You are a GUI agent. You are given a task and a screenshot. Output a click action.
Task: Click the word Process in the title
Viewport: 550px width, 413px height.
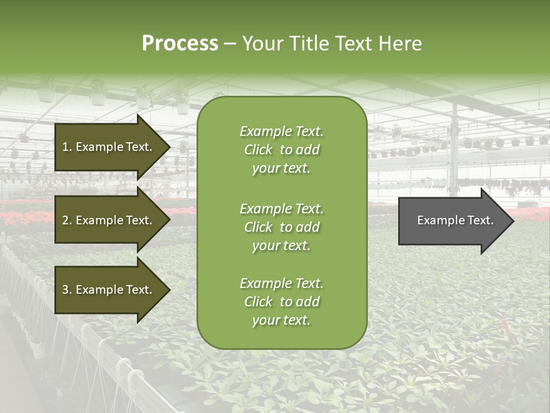(x=180, y=44)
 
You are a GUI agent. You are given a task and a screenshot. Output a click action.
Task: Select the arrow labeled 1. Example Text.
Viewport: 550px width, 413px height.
(x=109, y=147)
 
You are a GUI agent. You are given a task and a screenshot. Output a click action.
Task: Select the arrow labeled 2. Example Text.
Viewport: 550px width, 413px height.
(x=109, y=220)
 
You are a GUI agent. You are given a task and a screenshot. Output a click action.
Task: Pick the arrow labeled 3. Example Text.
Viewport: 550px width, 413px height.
(x=109, y=290)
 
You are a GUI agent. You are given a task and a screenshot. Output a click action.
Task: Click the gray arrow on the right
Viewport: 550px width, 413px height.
(x=453, y=221)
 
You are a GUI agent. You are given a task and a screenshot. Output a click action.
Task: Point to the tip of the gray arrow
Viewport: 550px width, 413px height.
(x=513, y=221)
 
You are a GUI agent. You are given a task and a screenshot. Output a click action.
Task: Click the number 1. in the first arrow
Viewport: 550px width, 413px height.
(x=66, y=147)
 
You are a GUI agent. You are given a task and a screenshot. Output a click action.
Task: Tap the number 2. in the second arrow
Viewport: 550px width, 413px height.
(x=66, y=220)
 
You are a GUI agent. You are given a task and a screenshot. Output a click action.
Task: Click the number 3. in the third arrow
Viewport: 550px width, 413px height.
(x=66, y=290)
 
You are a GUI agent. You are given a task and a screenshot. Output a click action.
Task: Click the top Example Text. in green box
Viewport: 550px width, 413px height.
(x=281, y=131)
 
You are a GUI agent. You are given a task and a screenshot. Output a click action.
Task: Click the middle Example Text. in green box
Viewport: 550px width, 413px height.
(x=281, y=209)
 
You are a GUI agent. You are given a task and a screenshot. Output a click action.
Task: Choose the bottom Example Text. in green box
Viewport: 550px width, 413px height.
(x=281, y=283)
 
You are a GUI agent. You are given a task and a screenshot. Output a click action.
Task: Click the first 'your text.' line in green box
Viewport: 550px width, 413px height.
(x=281, y=169)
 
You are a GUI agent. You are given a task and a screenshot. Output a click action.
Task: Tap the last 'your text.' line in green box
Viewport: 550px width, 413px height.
(x=281, y=320)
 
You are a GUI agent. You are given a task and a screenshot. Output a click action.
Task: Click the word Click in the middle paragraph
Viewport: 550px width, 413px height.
(x=258, y=227)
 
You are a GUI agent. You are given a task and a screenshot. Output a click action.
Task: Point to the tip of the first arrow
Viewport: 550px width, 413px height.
(x=170, y=147)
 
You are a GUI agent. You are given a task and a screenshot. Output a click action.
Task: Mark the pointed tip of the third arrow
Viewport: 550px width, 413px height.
(x=170, y=290)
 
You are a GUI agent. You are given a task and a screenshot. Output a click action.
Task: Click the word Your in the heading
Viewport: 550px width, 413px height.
(x=262, y=44)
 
